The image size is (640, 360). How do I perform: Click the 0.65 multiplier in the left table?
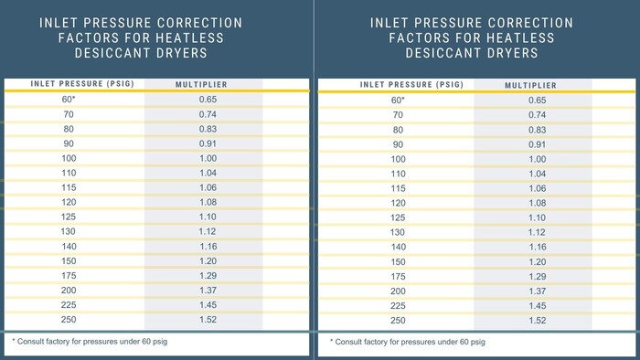pyautogui.click(x=208, y=99)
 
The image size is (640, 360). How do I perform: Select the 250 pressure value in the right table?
pyautogui.click(x=398, y=321)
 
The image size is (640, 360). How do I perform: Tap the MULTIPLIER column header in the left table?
pyautogui.click(x=202, y=84)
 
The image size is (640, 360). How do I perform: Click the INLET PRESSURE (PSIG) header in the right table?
pyautogui.click(x=399, y=85)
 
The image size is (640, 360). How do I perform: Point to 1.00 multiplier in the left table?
pyautogui.click(x=208, y=158)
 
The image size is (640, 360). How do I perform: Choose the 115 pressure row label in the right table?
pyautogui.click(x=398, y=188)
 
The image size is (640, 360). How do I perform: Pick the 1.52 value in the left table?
pyautogui.click(x=208, y=320)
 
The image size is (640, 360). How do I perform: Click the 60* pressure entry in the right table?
pyautogui.click(x=398, y=101)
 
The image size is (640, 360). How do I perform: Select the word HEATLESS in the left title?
pyautogui.click(x=183, y=37)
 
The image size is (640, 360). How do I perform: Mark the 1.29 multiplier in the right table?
pyautogui.click(x=538, y=276)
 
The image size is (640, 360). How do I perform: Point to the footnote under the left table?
pyautogui.click(x=91, y=341)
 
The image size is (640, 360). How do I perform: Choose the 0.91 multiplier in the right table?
pyautogui.click(x=538, y=144)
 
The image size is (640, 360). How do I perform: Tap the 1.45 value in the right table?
pyautogui.click(x=538, y=306)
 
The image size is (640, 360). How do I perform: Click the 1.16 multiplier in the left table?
pyautogui.click(x=208, y=246)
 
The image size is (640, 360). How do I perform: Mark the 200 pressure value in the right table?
pyautogui.click(x=398, y=291)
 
